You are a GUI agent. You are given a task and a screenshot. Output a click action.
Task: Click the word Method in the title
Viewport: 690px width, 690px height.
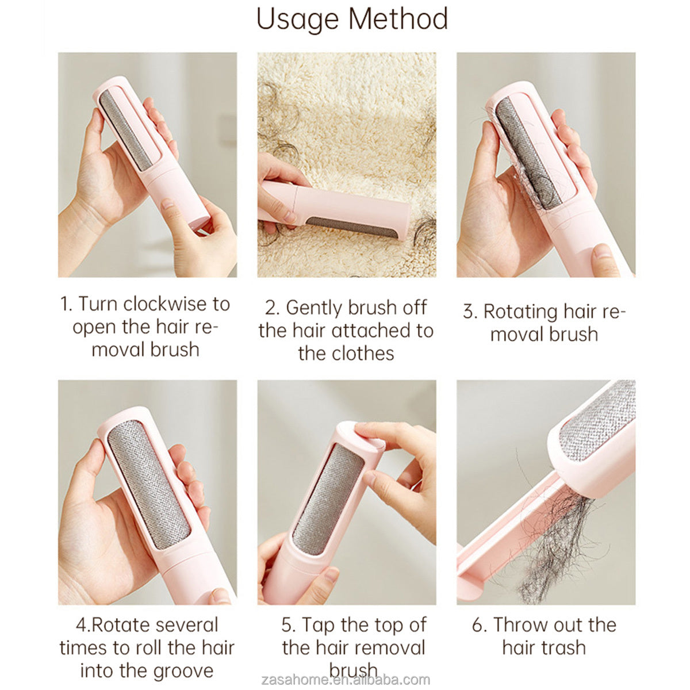pos(398,18)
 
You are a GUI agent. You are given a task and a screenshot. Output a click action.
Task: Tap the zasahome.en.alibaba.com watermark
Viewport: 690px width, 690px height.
pos(346,679)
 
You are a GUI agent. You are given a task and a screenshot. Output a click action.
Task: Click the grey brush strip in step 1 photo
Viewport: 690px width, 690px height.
pos(126,131)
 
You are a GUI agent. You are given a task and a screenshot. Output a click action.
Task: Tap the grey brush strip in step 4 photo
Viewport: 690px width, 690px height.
pos(148,484)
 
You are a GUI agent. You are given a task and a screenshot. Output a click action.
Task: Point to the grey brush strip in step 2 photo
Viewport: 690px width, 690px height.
pos(352,227)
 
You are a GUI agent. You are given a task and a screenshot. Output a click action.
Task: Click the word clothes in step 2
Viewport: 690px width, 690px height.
pos(363,354)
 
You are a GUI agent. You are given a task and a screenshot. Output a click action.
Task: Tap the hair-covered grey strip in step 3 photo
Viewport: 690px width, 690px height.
pos(528,153)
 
